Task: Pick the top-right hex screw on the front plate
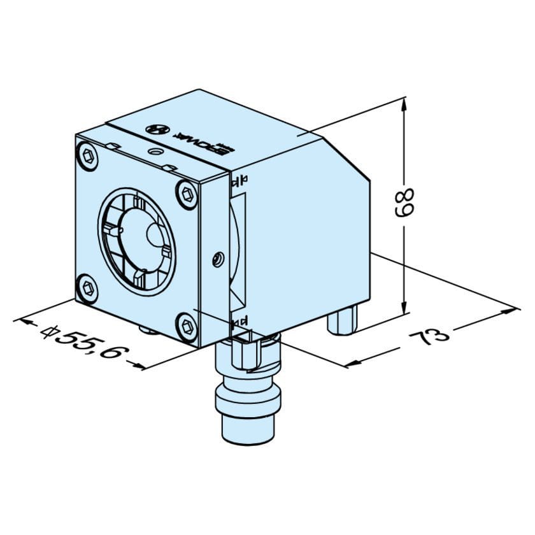[x=187, y=194]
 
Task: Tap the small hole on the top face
[x=154, y=153]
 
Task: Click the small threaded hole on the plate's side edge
[x=217, y=259]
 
